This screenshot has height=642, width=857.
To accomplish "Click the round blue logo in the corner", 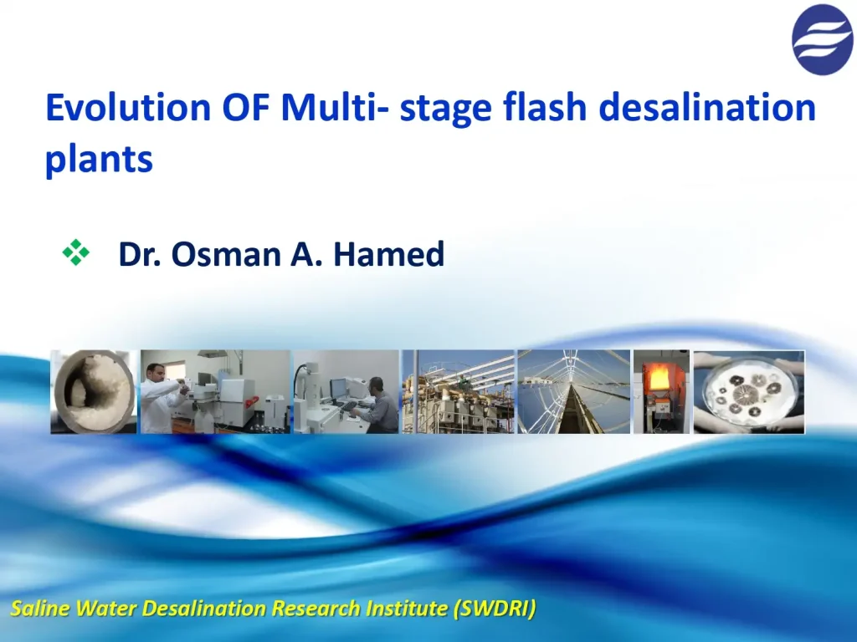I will coord(822,39).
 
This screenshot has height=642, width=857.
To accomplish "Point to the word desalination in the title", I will coord(711,109).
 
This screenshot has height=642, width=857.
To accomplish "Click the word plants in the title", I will coord(99,159).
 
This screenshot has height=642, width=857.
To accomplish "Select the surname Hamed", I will coord(388,254).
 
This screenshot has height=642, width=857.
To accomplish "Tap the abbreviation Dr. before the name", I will coord(140,254).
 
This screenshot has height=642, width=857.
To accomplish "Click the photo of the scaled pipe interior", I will coord(93,391).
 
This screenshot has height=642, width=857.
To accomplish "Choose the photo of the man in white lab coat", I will coord(214,391).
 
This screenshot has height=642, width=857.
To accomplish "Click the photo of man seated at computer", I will coord(346,391).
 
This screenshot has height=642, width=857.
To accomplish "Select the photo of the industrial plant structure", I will coord(458,391).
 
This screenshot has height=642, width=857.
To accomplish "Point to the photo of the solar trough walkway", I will coord(573,391).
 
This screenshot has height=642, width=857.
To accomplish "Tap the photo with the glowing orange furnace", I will coord(661,391).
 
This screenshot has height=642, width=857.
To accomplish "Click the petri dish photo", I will coord(749,391).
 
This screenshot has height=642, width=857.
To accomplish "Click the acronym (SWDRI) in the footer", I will coord(494,609).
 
